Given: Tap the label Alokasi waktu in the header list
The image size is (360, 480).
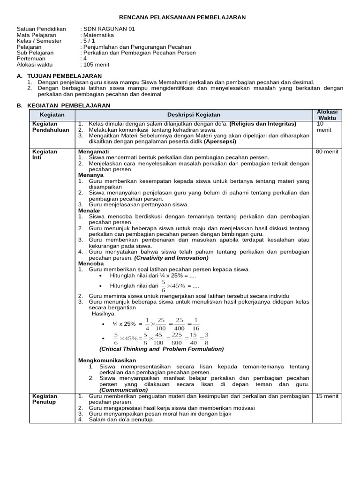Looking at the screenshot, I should tap(36, 65).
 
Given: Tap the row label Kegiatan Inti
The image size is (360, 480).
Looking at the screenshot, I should tap(44, 155).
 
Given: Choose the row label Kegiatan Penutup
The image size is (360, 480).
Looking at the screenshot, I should tap(44, 399).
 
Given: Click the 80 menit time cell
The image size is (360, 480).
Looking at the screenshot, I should tap(327, 152).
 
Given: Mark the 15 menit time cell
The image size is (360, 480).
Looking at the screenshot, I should tap(327, 396).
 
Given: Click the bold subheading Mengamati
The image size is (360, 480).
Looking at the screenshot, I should tap(93, 152).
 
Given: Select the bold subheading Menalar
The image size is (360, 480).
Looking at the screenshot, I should tap(89, 211).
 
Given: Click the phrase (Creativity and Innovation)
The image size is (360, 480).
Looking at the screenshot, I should tap(172, 258).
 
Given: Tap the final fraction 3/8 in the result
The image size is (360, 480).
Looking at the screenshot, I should tap(207, 338).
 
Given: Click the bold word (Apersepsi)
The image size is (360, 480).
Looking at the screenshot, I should tap(220, 141).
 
